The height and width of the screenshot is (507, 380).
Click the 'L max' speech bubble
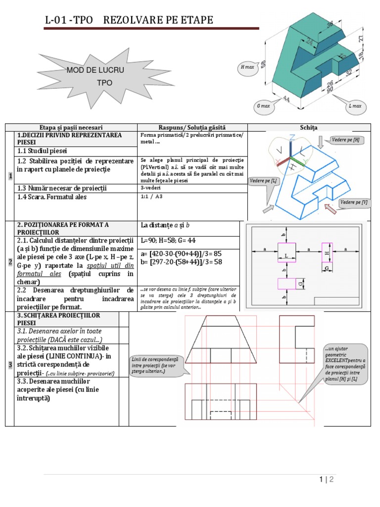(x=354, y=106)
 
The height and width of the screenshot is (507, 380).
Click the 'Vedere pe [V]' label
(x=354, y=202)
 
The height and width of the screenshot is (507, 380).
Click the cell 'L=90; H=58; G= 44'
(x=168, y=240)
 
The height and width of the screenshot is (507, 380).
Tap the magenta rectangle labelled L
(x=286, y=255)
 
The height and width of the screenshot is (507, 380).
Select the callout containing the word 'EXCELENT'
(x=346, y=363)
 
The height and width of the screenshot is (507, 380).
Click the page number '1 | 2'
(x=327, y=479)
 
